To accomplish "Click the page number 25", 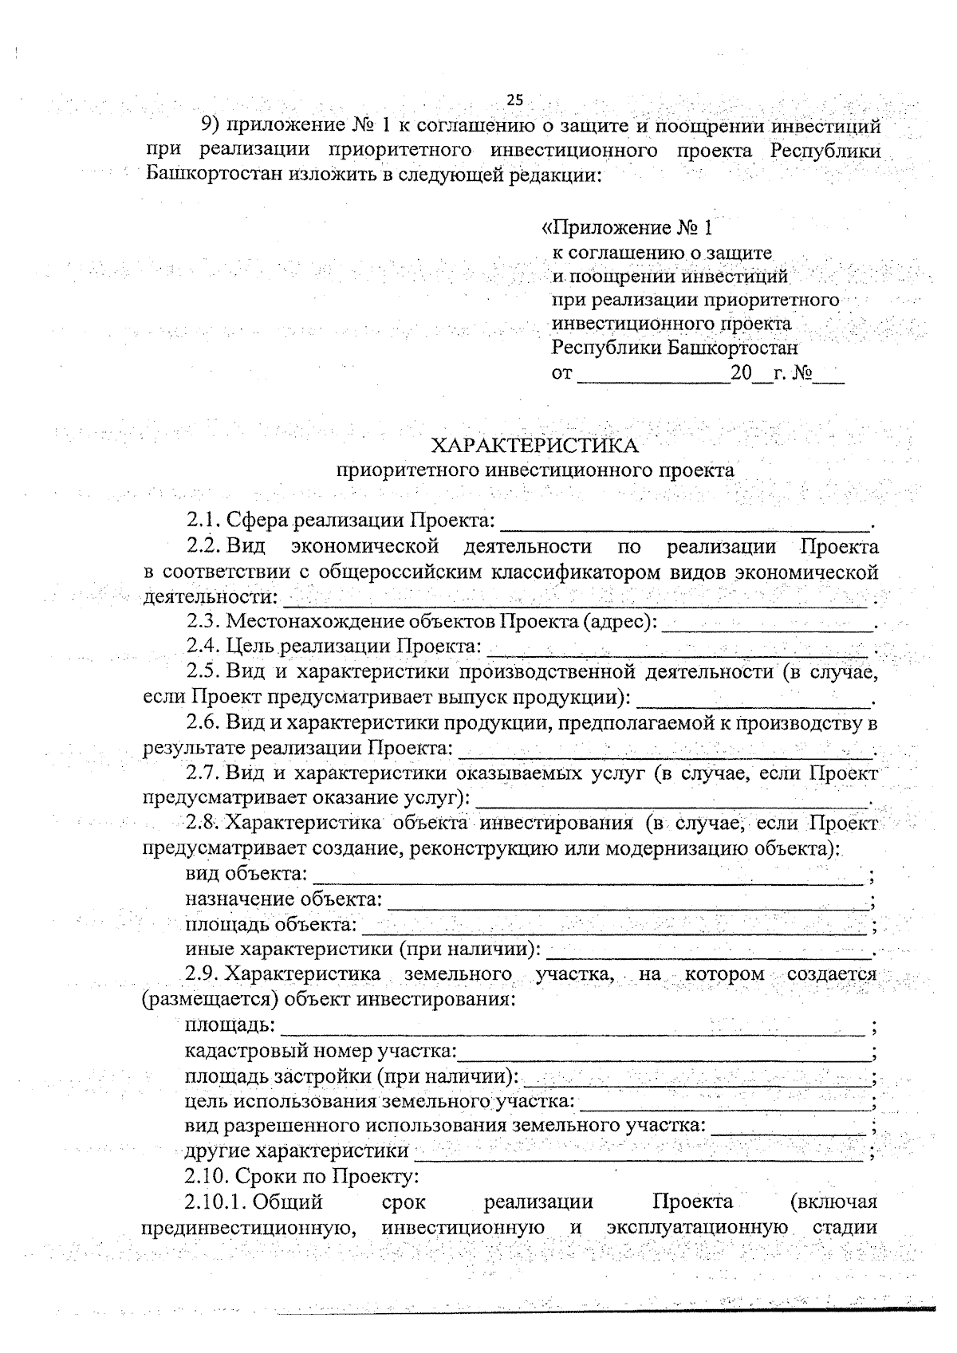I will (x=514, y=100).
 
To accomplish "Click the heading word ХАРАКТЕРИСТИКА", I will (x=534, y=444).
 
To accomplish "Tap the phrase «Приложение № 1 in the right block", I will (x=627, y=228).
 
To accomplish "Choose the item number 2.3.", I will (x=203, y=621).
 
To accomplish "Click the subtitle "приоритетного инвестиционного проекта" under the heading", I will (x=534, y=470).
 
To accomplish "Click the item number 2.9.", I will (x=203, y=973).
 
